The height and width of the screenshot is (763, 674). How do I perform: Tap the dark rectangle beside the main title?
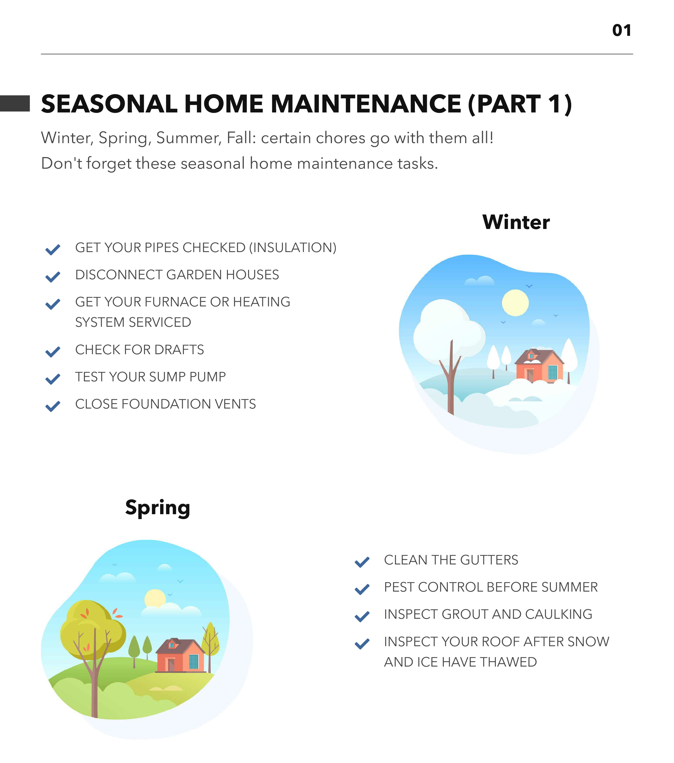pos(15,103)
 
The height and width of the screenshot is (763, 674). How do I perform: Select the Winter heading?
pos(516,222)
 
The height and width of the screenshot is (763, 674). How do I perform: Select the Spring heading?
pos(158,508)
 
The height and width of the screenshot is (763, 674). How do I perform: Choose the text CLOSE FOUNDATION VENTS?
pos(166,404)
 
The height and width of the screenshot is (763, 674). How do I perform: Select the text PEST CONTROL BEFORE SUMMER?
pos(490,587)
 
